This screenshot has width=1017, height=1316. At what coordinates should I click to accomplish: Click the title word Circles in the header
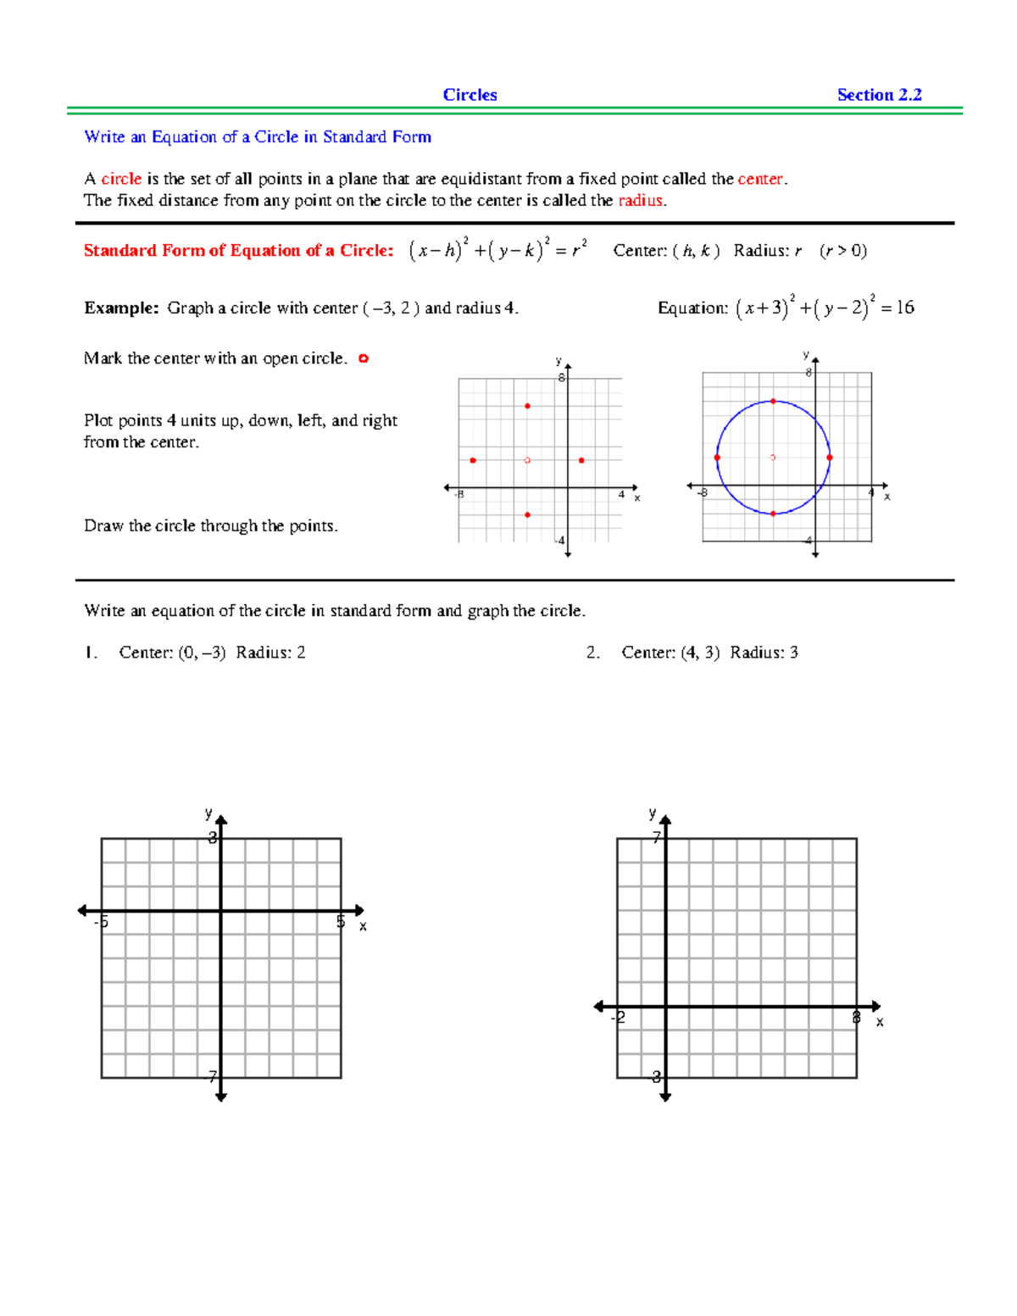(x=470, y=95)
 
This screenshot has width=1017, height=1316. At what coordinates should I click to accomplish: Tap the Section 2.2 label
(x=879, y=95)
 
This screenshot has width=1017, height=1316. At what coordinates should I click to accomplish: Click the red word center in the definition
(x=760, y=179)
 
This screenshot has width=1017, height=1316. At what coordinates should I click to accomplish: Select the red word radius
(x=641, y=201)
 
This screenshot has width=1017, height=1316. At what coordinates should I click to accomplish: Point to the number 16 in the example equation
(x=904, y=308)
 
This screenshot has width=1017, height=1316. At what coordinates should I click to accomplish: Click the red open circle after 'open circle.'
(x=364, y=358)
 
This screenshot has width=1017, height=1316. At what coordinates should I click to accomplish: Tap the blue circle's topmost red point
(x=773, y=401)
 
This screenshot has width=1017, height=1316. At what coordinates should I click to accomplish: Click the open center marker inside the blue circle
(x=772, y=458)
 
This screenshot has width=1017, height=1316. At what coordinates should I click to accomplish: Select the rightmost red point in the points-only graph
(x=581, y=460)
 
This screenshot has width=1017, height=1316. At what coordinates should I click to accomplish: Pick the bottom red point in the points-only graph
(x=527, y=514)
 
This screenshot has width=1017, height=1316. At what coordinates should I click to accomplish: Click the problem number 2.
(x=593, y=652)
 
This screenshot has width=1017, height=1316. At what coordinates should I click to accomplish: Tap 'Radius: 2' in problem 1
(x=270, y=652)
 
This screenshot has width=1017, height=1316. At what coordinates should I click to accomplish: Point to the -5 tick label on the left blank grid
(x=101, y=922)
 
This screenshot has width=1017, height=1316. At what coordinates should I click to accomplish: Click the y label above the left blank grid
(x=208, y=813)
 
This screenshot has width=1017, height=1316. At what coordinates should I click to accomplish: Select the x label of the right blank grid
(x=880, y=1022)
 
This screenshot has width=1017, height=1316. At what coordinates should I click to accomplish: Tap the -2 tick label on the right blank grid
(x=619, y=1017)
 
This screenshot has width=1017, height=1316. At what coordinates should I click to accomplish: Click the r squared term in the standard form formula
(x=578, y=249)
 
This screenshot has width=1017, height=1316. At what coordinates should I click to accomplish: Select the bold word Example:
(x=121, y=308)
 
